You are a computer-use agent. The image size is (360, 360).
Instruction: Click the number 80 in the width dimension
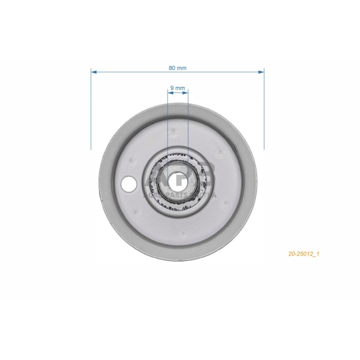pyautogui.click(x=173, y=67)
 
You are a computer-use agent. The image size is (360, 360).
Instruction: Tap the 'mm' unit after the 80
pyautogui.click(x=182, y=67)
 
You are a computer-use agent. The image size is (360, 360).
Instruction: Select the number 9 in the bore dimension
pyautogui.click(x=172, y=88)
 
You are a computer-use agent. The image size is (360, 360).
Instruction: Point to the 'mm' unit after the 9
pyautogui.click(x=181, y=88)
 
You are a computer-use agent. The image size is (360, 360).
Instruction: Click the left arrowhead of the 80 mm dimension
pyautogui.click(x=94, y=72)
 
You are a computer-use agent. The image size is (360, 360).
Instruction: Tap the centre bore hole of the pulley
pyautogui.click(x=178, y=181)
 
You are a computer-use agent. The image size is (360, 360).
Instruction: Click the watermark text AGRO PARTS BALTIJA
pyautogui.click(x=178, y=195)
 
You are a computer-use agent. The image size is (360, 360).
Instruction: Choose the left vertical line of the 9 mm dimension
pyautogui.click(x=168, y=122)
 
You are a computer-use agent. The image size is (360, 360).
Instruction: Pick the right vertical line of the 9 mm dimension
pyautogui.click(x=188, y=122)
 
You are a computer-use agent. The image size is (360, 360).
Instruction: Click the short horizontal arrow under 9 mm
pyautogui.click(x=178, y=93)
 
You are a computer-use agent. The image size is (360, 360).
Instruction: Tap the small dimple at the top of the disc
pyautogui.click(x=174, y=130)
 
